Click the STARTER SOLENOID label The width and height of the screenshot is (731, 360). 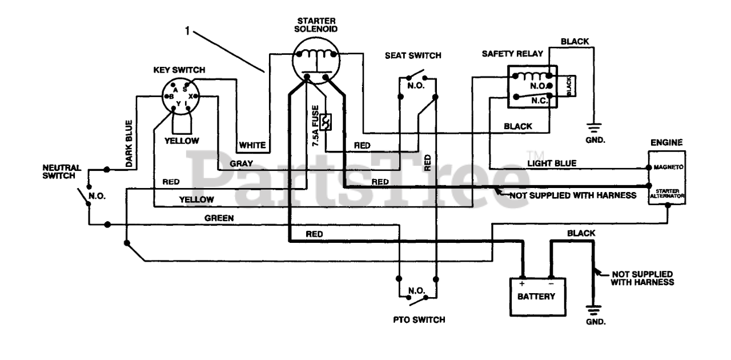tap(316, 25)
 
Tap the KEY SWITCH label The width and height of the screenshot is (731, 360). tap(179, 70)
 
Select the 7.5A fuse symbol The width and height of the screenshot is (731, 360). tap(326, 122)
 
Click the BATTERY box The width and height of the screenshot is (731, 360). tap(537, 297)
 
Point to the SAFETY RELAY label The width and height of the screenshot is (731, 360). tap(512, 54)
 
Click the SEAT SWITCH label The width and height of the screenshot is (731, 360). tap(413, 55)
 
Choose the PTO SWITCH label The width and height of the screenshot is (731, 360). tap(419, 319)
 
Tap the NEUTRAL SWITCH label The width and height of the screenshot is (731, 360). tap(61, 172)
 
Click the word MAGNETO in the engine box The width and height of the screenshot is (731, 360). tap(668, 167)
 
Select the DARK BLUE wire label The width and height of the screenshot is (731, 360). tap(129, 144)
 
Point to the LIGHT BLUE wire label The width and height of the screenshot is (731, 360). tap(552, 163)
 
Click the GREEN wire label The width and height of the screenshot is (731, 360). tap(219, 218)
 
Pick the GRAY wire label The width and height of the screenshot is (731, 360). tap(241, 163)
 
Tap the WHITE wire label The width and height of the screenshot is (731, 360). tap(252, 145)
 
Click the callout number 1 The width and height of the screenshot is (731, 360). tap(187, 31)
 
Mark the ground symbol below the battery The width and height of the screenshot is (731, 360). tap(593, 310)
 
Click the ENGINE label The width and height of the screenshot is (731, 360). tap(666, 142)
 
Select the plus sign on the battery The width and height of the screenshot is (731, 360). tap(522, 283)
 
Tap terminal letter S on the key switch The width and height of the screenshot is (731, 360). tap(184, 89)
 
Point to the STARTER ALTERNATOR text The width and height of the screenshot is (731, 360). tap(667, 193)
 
